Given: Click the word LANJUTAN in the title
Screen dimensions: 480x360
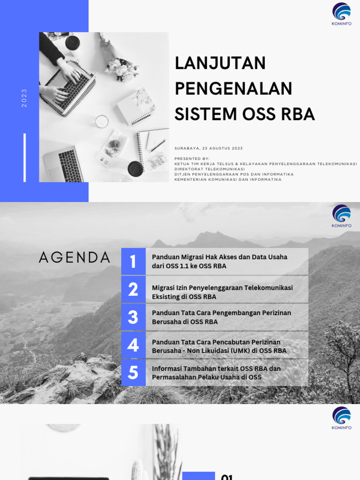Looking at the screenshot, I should coord(220,63).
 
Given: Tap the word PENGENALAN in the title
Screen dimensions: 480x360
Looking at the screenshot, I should coord(233,89).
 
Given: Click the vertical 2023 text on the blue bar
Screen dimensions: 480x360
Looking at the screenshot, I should coord(24,98).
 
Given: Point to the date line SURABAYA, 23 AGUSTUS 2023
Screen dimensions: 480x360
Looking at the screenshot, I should coord(209,148).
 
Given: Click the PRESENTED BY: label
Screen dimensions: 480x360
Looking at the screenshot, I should coord(192,158).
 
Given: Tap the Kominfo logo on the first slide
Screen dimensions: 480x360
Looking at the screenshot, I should coord(341,14).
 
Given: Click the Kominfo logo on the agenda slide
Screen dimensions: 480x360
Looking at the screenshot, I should coord(341,215).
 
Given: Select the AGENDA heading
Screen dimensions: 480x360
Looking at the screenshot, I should coord(75,257).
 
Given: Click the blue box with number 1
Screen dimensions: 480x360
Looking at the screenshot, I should coord(133,262).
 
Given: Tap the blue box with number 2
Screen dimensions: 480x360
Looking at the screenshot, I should coord(133,289).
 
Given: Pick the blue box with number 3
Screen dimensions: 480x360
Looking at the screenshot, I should coord(133,317).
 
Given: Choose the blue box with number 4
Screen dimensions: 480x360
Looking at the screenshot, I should coord(133,345).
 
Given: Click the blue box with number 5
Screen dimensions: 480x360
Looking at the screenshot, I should coord(133,373).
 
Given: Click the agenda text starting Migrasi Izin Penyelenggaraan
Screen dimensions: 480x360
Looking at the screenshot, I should coord(222,292).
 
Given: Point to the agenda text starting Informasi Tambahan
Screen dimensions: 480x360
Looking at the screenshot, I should coord(216,373).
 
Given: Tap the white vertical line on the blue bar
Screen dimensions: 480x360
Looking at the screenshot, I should coord(25,157).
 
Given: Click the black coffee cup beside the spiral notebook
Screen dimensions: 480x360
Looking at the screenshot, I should coord(135,168).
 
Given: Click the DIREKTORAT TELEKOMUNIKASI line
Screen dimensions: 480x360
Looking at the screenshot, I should coord(210,169).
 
